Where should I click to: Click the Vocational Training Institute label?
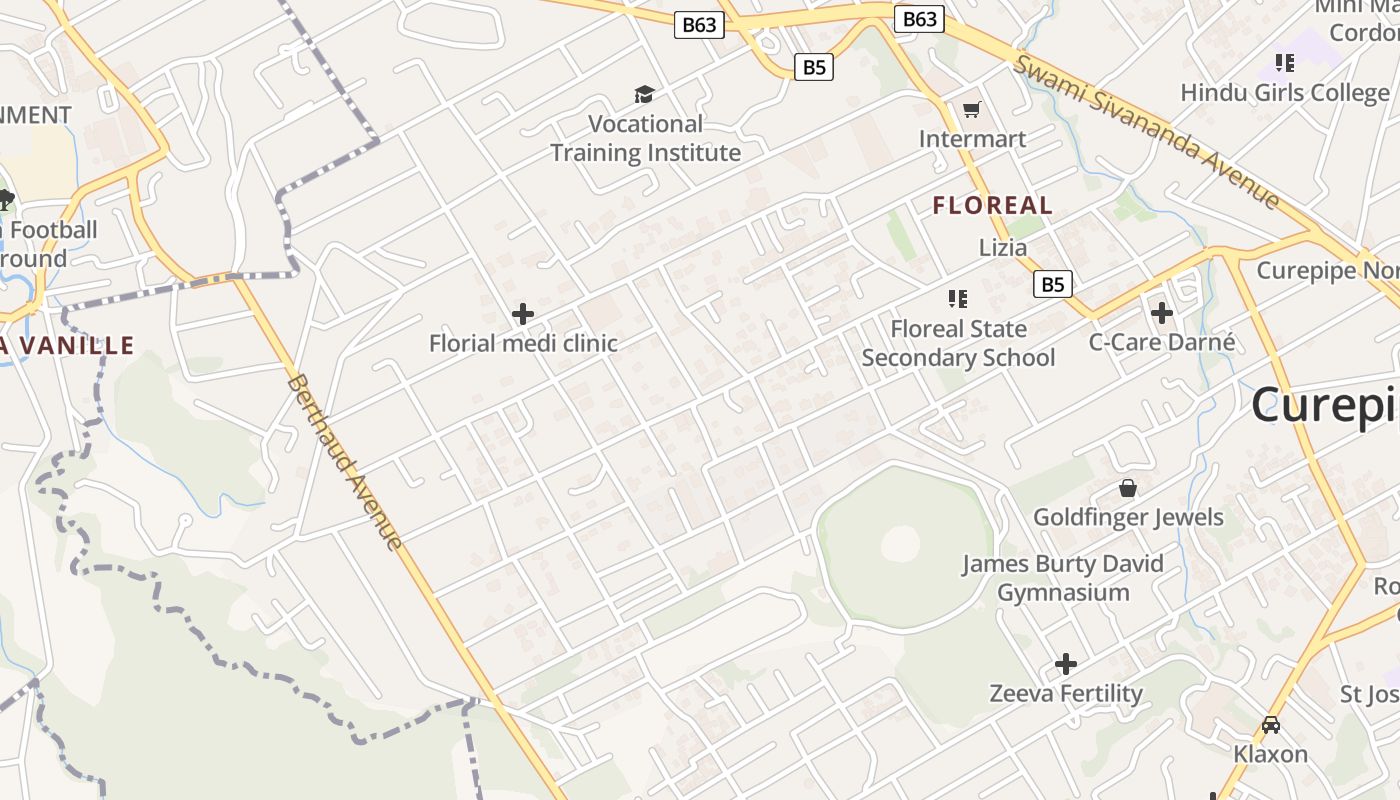pyautogui.click(x=645, y=138)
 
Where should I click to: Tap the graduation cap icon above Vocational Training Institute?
pyautogui.click(x=645, y=95)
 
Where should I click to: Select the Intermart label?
pyautogui.click(x=972, y=139)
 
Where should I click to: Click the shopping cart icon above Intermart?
pyautogui.click(x=972, y=109)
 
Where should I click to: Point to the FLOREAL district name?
pyautogui.click(x=992, y=206)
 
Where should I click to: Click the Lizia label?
pyautogui.click(x=1002, y=248)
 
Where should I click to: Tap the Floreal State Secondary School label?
pyautogui.click(x=958, y=343)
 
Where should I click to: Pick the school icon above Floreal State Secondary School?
pyautogui.click(x=958, y=298)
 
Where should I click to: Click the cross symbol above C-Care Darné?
pyautogui.click(x=1161, y=313)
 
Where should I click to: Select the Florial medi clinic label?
pyautogui.click(x=523, y=344)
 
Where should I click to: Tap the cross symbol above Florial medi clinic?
pyautogui.click(x=522, y=314)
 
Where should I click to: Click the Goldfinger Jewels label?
pyautogui.click(x=1128, y=517)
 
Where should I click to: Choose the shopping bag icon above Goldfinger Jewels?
pyautogui.click(x=1128, y=488)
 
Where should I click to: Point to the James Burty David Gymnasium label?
pyautogui.click(x=1063, y=578)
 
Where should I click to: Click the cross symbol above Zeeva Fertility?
pyautogui.click(x=1066, y=663)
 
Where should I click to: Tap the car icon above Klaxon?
pyautogui.click(x=1270, y=724)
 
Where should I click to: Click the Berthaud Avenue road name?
pyautogui.click(x=344, y=462)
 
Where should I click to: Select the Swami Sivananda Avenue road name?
pyautogui.click(x=1147, y=132)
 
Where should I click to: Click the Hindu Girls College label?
pyautogui.click(x=1285, y=93)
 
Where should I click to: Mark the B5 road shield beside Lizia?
pyautogui.click(x=1052, y=284)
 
